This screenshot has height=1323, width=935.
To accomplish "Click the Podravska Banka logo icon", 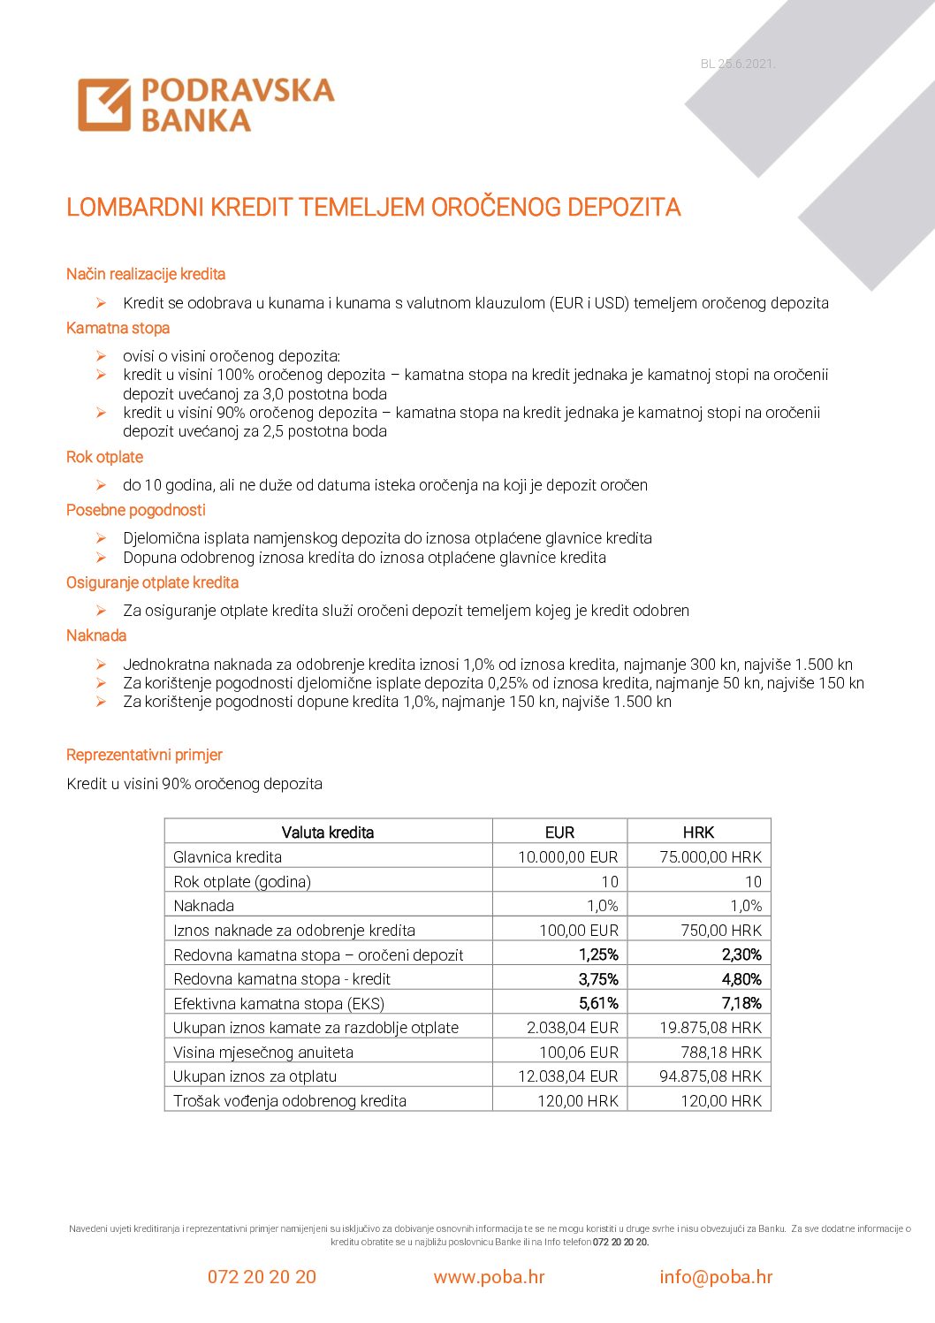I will click(x=104, y=104).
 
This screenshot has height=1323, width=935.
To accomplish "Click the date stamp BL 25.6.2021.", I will click(x=737, y=64).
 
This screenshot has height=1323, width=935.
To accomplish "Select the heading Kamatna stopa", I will click(x=118, y=328).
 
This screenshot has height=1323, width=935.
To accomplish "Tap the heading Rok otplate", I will click(x=104, y=457).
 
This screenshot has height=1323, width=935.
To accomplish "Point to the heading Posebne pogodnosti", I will click(x=135, y=510).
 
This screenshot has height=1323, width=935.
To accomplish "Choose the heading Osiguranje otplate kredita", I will click(x=152, y=582).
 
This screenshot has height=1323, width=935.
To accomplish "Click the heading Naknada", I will click(x=96, y=635).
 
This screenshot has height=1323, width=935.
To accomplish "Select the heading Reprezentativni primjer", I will click(x=144, y=755).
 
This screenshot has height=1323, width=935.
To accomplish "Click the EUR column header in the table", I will click(x=559, y=833).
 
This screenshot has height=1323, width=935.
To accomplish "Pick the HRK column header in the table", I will click(x=698, y=833).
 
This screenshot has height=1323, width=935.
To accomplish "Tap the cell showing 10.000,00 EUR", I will click(x=567, y=857).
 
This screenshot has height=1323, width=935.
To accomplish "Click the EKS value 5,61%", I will click(x=598, y=1003).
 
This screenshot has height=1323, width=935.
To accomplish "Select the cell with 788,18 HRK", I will click(x=720, y=1053).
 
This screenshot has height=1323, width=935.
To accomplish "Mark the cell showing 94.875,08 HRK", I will click(x=711, y=1076).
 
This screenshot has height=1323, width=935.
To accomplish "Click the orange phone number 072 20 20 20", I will click(x=262, y=1277).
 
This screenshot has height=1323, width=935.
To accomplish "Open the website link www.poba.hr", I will click(x=489, y=1277).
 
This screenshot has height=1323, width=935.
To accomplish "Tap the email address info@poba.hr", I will click(x=716, y=1277).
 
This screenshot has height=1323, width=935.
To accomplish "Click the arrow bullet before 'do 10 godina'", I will click(x=102, y=485).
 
